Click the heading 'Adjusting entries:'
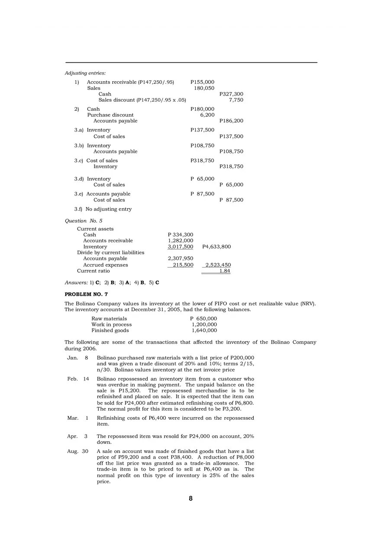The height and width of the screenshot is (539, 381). click(85, 73)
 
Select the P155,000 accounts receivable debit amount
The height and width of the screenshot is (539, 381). click(202, 82)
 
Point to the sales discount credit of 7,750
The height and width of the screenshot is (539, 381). click(236, 100)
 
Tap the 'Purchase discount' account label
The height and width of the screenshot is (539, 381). click(110, 115)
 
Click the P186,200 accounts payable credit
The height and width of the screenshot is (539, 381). click(231, 121)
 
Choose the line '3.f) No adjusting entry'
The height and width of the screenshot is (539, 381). click(103, 209)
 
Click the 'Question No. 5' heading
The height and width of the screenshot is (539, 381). click(84, 221)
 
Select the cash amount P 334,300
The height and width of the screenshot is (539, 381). click(180, 235)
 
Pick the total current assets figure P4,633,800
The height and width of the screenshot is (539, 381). click(216, 247)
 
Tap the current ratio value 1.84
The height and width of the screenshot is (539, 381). click(225, 271)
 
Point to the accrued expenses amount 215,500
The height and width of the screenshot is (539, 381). click(183, 265)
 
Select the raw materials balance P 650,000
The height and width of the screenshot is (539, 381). click(203, 319)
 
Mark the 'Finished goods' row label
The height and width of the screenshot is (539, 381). click(110, 331)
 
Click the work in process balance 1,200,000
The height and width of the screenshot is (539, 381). click(204, 325)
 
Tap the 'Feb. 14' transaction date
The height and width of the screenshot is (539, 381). click(78, 379)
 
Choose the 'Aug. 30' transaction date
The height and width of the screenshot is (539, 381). click(77, 451)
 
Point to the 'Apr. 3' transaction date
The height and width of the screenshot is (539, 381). click(77, 437)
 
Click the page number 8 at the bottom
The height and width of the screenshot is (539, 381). click(190, 498)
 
